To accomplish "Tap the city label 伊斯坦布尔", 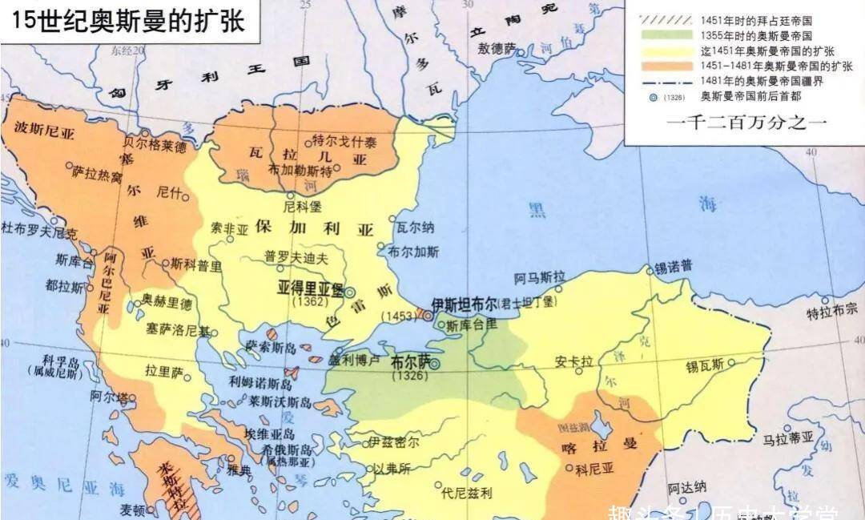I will click(463, 304).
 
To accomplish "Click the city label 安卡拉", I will click(573, 361).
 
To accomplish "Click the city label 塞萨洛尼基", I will click(178, 329).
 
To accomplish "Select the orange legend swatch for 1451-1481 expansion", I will click(664, 65).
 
